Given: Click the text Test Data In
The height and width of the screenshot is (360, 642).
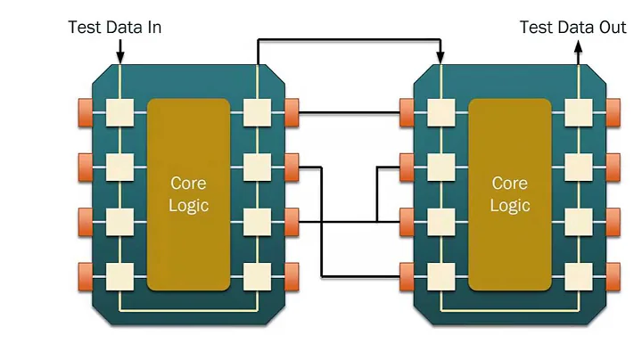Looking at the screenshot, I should pyautogui.click(x=114, y=28).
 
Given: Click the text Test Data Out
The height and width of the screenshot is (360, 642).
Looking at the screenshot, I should pyautogui.click(x=573, y=28).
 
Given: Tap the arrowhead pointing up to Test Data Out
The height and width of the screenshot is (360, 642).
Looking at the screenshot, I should pyautogui.click(x=578, y=54).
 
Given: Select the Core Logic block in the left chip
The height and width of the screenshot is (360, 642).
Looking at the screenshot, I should pyautogui.click(x=188, y=194).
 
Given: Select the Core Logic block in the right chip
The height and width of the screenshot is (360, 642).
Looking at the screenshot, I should pyautogui.click(x=510, y=194).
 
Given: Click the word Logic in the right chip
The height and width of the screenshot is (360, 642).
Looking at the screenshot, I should pyautogui.click(x=510, y=205).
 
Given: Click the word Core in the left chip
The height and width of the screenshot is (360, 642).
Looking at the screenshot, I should pyautogui.click(x=188, y=184).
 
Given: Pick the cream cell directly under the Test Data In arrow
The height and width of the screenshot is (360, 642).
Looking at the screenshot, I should pyautogui.click(x=119, y=112).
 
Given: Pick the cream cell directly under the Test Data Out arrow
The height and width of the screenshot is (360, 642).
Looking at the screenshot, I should pyautogui.click(x=578, y=112).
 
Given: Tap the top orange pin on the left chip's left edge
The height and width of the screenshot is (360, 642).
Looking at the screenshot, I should pyautogui.click(x=86, y=112).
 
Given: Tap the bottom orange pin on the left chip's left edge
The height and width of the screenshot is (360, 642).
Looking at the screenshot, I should pyautogui.click(x=86, y=274).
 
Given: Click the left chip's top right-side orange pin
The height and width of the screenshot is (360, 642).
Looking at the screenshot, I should pyautogui.click(x=291, y=112).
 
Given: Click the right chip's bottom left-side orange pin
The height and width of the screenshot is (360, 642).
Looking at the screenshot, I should pyautogui.click(x=407, y=274).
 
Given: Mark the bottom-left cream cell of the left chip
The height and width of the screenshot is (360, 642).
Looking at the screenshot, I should pyautogui.click(x=119, y=274).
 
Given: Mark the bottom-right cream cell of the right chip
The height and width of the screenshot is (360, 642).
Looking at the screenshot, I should pyautogui.click(x=578, y=274).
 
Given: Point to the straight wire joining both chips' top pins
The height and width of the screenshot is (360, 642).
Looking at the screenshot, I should pyautogui.click(x=350, y=112).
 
